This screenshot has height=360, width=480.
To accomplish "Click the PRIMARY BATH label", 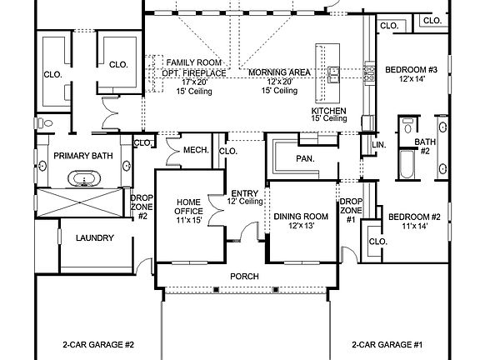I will (x=83, y=156).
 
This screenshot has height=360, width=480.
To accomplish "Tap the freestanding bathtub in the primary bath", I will (x=83, y=178).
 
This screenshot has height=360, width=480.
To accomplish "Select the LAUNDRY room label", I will (x=94, y=238).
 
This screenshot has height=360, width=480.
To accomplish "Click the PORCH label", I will (x=244, y=277).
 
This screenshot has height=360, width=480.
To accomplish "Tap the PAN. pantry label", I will (x=303, y=158).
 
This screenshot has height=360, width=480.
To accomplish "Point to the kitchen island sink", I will (x=332, y=74).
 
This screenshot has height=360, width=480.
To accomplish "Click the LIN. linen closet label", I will (x=379, y=145).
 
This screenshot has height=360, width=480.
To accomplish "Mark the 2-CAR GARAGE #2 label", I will (x=98, y=344).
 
